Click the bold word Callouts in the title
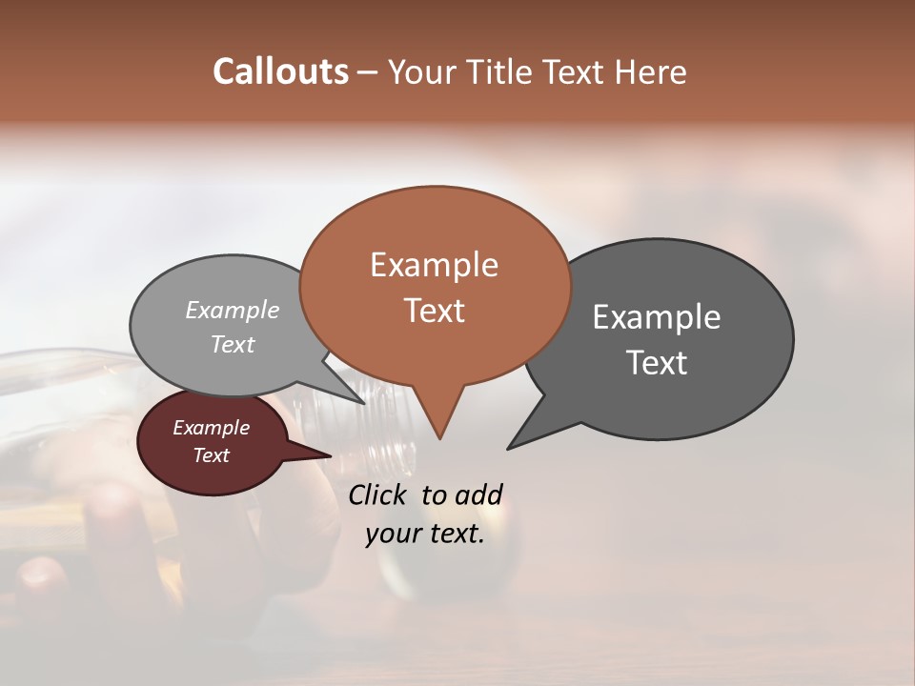[x=280, y=72]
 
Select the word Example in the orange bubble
[x=434, y=265]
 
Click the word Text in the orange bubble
[x=434, y=311]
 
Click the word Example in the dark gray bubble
[x=657, y=317]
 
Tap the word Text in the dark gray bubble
[x=657, y=363]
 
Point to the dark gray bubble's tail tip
[x=508, y=449]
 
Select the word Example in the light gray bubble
[x=233, y=311]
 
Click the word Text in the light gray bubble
[x=233, y=345]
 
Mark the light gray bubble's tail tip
[x=365, y=403]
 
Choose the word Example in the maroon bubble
[x=211, y=428]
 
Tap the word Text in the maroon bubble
[x=211, y=455]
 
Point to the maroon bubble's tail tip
[x=331, y=455]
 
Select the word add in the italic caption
[x=478, y=494]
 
